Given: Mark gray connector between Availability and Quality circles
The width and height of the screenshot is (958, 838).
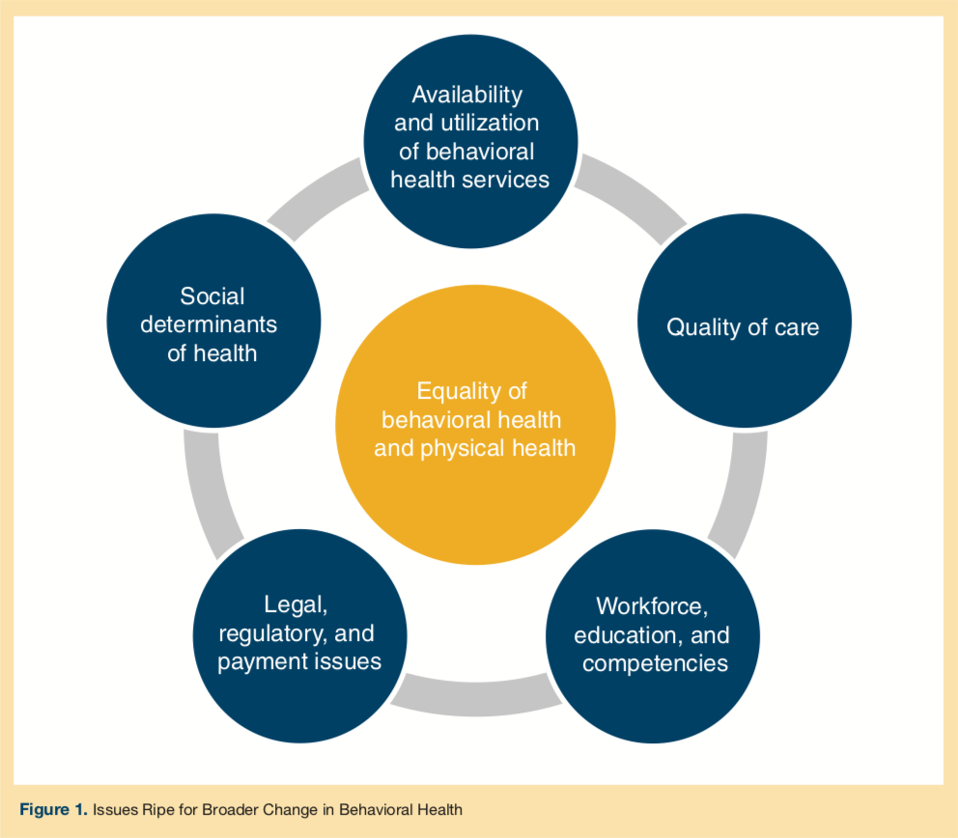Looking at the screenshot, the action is pos(634,197).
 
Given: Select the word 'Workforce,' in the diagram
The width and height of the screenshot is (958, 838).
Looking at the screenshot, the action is pos(652,605).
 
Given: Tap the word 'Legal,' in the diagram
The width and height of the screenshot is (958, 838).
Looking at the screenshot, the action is pos(296,604).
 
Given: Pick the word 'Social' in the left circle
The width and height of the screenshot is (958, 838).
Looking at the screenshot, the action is pos(212,295).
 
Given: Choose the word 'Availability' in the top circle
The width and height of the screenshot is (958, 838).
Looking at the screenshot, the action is pos(466,94).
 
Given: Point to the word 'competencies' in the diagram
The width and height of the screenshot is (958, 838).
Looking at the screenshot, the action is pos(655,663).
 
